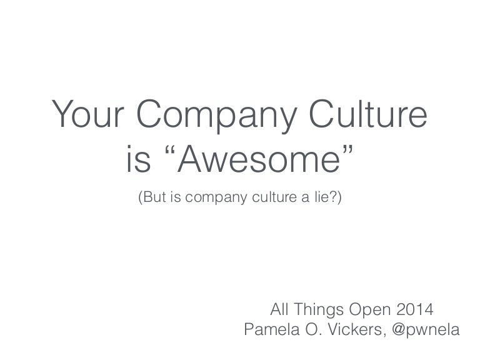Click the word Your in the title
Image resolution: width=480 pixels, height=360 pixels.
pyautogui.click(x=88, y=113)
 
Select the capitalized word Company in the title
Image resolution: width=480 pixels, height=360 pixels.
pyautogui.click(x=217, y=116)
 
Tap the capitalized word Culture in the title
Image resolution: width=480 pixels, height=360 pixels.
pyautogui.click(x=368, y=113)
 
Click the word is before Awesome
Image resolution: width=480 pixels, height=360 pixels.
pyautogui.click(x=139, y=159)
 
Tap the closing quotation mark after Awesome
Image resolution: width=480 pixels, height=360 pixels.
pyautogui.click(x=347, y=150)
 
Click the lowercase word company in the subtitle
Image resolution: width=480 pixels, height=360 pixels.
pyautogui.click(x=216, y=198)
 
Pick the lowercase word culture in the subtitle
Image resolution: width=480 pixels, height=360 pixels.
pyautogui.click(x=274, y=197)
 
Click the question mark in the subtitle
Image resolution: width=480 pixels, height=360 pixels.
pyautogui.click(x=332, y=197)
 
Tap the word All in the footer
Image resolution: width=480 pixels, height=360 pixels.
pyautogui.click(x=279, y=309)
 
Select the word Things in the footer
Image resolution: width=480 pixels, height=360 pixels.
pyautogui.click(x=319, y=311)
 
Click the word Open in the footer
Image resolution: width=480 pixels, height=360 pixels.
pyautogui.click(x=370, y=311)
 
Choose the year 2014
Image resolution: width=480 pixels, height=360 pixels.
pyautogui.click(x=415, y=309)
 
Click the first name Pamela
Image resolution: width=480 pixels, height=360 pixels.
pyautogui.click(x=272, y=330)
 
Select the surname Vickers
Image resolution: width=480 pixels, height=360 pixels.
pyautogui.click(x=357, y=330)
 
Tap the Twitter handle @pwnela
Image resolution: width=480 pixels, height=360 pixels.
pyautogui.click(x=426, y=331)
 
